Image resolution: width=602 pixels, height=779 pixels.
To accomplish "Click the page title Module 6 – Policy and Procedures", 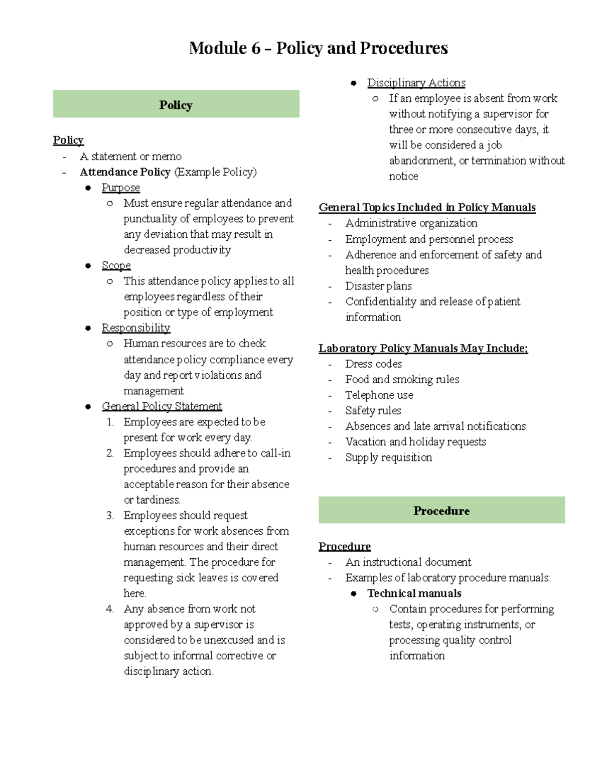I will [x=318, y=48].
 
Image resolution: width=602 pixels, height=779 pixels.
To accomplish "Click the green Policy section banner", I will [x=176, y=104].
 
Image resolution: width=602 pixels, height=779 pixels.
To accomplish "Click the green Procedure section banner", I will [x=441, y=511].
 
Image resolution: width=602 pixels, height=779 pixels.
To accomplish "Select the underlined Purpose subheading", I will [x=120, y=188].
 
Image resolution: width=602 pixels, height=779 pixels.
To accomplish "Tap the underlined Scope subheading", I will [x=116, y=265].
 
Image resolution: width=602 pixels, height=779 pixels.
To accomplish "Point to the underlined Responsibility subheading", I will [x=135, y=328].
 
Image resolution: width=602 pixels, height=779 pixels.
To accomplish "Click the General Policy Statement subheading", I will [x=162, y=406].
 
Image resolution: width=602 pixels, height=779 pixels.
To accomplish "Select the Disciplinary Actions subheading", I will [x=416, y=83].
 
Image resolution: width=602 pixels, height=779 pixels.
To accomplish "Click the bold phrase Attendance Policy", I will [x=125, y=172].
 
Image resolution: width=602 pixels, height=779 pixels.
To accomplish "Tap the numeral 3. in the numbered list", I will [x=110, y=516].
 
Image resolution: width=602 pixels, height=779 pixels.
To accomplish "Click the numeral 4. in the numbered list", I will [x=110, y=609].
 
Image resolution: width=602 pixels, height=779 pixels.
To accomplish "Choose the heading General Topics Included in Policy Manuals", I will [x=427, y=208].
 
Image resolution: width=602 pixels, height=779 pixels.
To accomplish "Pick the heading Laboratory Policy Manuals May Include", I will [x=423, y=348].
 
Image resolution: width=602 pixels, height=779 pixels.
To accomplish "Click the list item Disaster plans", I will [x=378, y=286].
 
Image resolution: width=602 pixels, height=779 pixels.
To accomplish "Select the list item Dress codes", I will [x=373, y=364].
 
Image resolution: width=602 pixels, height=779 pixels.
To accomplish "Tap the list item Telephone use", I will [x=379, y=395].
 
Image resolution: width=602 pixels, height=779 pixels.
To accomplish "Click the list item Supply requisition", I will [x=388, y=457].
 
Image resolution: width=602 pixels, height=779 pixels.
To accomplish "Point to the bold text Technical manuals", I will [x=414, y=593].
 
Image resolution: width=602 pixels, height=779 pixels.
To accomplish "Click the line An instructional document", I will [x=408, y=562].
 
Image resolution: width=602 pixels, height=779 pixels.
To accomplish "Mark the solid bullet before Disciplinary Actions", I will [x=354, y=83].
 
